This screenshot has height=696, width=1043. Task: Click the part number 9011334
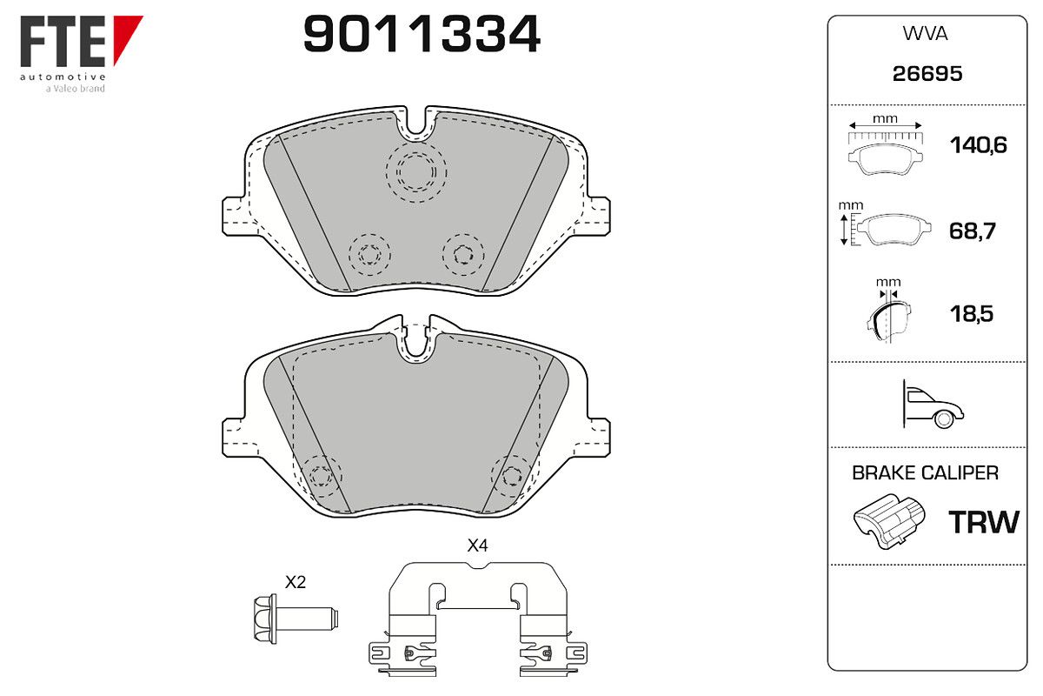coord(422,34)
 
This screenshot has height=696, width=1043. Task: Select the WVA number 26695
coord(927,74)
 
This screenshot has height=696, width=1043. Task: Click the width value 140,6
coord(979,145)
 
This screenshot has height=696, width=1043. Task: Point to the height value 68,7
coord(973,231)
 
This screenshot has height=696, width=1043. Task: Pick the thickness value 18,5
coord(972,314)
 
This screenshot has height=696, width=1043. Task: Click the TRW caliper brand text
coord(984,522)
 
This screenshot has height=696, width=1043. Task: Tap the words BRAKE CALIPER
coord(925,472)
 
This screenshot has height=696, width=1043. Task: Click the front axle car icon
coord(933,405)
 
